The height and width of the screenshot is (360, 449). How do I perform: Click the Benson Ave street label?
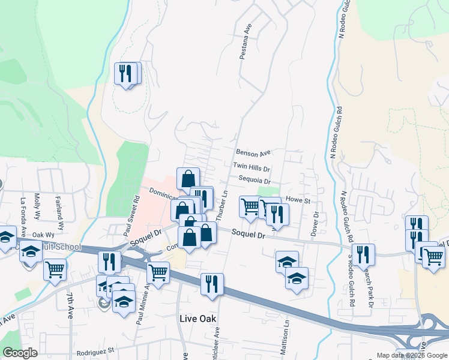[x=253, y=153]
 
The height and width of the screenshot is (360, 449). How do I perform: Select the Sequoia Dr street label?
[x=255, y=181]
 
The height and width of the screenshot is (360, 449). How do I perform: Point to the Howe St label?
[x=297, y=200]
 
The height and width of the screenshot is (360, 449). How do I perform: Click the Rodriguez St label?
[x=96, y=350]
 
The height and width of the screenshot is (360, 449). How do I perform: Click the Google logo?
[x=20, y=353]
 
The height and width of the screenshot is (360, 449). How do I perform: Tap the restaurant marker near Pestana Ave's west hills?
[x=127, y=73]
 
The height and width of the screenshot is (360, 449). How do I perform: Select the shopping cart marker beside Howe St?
[x=250, y=206]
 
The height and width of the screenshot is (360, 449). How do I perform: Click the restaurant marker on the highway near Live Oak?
[x=212, y=284]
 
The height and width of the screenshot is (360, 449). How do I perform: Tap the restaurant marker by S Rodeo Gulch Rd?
[x=363, y=254]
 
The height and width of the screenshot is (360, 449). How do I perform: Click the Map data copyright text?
[x=411, y=355]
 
